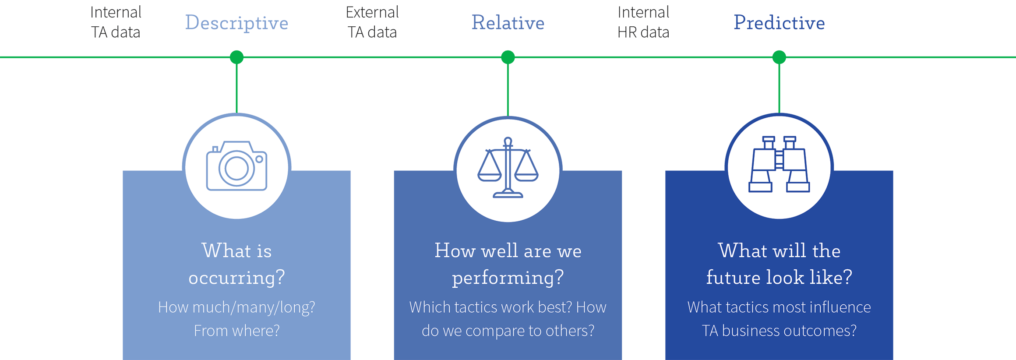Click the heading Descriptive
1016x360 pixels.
pos(236,23)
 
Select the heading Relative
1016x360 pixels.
pos(508,23)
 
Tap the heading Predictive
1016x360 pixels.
pos(779,23)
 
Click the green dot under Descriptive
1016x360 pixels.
pos(236,57)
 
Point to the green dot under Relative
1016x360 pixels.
pos(508,57)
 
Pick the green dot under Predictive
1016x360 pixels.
pos(779,57)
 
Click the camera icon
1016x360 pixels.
pos(236,166)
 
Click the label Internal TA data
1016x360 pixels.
pos(116,22)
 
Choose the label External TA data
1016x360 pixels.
pos(372,22)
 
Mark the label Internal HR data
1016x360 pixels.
pos(643,22)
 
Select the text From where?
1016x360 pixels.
pos(236,331)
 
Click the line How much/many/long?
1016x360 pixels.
pos(236,307)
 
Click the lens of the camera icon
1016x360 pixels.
pos(236,169)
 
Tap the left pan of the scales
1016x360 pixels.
pos(489,175)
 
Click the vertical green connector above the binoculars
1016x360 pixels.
pos(779,88)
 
